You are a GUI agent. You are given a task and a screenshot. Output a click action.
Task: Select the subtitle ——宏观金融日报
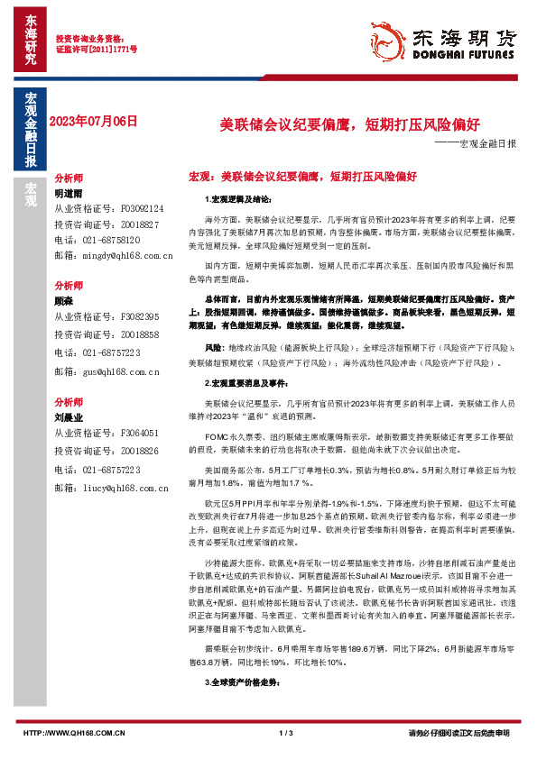tap(474, 144)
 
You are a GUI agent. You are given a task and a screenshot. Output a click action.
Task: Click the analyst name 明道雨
tap(69, 193)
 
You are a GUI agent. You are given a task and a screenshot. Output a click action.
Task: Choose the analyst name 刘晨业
tap(69, 418)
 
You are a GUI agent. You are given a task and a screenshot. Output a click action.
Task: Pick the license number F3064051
tap(132, 433)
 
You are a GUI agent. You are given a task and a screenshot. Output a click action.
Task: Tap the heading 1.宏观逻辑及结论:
tap(233, 198)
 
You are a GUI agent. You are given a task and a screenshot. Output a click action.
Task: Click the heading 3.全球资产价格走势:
tap(237, 683)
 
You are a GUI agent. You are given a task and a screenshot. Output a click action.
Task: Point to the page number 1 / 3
tap(287, 732)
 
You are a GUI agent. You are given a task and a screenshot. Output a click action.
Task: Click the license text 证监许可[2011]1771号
tap(97, 51)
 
